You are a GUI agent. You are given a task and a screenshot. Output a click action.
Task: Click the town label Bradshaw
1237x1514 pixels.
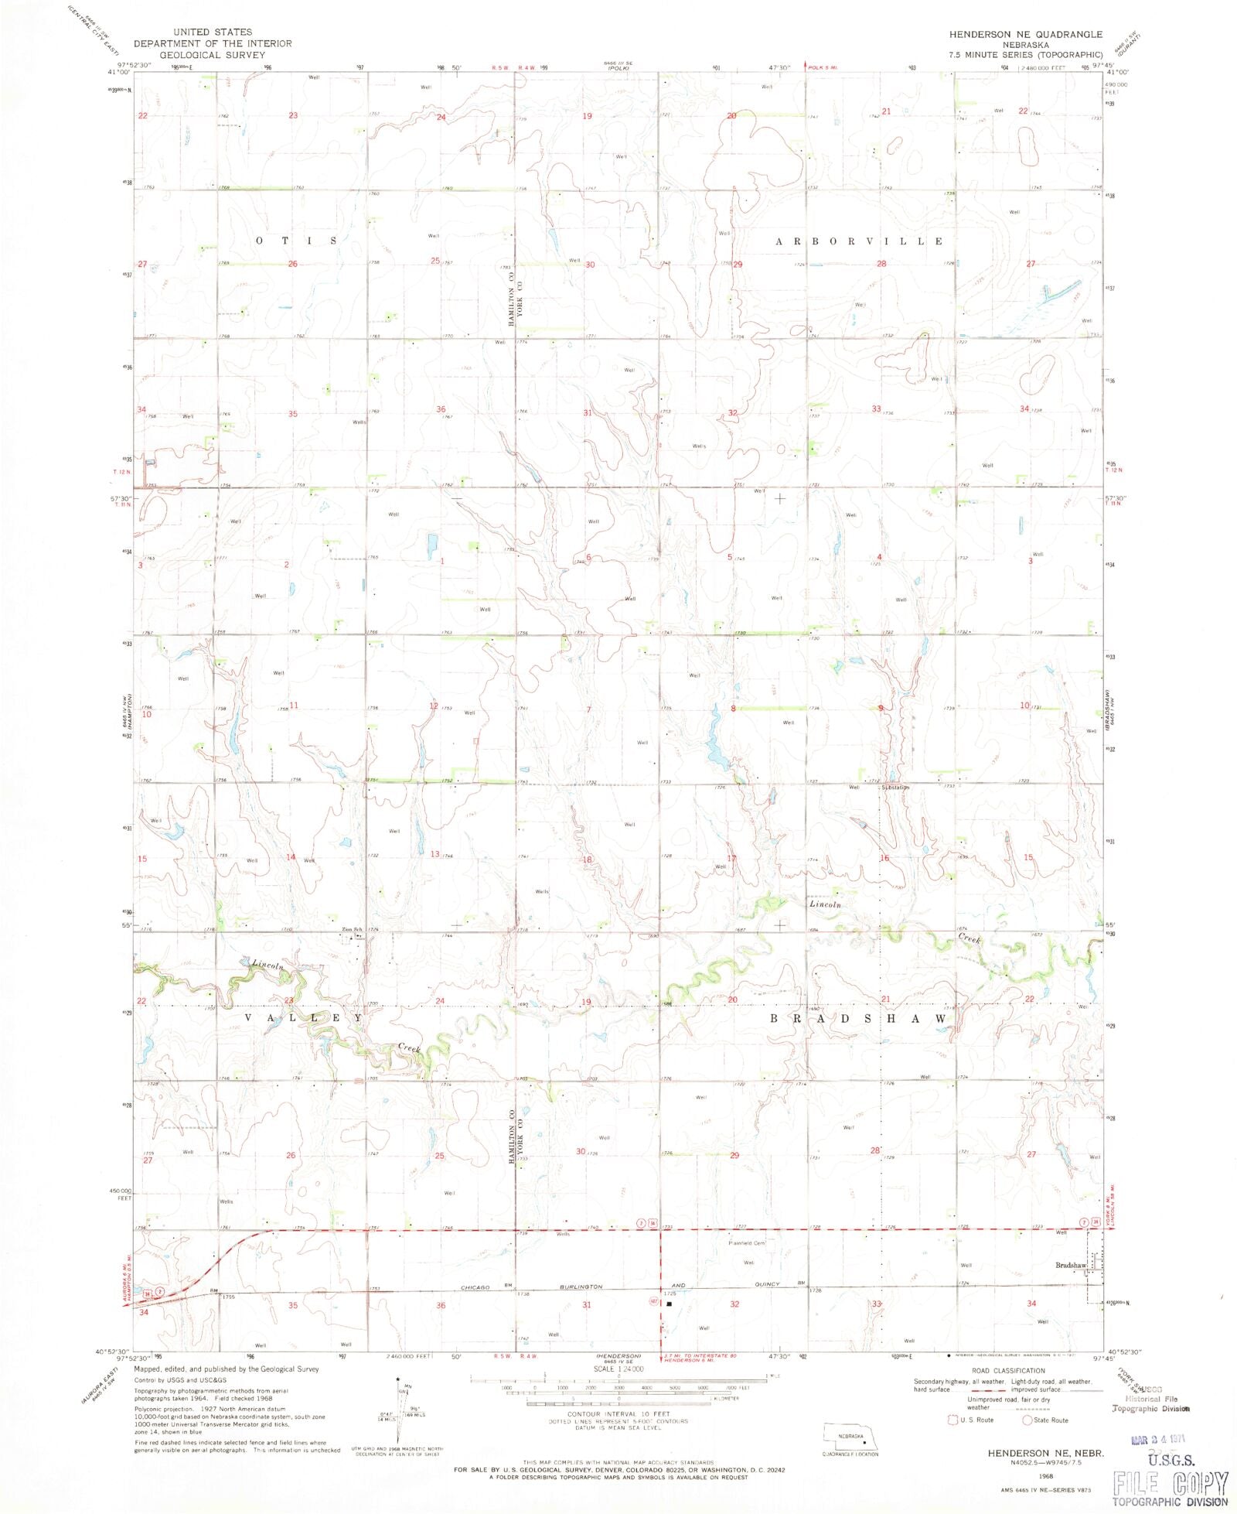pos(1071,1265)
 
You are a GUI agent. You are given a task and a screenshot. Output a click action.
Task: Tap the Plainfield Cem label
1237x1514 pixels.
pos(746,1243)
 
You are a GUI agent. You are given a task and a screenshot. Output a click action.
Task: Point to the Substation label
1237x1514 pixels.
pos(895,787)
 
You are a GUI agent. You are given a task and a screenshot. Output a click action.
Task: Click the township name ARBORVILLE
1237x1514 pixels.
pos(859,241)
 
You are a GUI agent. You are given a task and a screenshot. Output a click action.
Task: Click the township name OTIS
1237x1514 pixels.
pos(296,241)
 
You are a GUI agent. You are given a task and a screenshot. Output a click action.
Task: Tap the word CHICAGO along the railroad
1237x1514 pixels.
pos(475,1287)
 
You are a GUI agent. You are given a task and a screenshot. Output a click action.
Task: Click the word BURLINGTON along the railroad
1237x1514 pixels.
pos(581,1287)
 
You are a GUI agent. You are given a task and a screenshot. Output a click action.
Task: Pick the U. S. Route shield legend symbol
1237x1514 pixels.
pos(952,1420)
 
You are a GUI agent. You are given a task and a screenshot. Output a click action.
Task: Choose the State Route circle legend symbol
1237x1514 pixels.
pos(1027,1420)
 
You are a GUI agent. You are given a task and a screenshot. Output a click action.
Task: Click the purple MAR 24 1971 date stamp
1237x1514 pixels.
pos(1157,1440)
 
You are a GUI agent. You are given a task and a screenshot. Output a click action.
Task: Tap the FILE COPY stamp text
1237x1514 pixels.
pos(1170,1483)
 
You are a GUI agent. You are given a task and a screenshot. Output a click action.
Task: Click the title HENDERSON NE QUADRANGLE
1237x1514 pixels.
pos(1026,35)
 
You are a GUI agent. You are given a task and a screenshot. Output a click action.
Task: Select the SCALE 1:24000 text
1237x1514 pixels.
pos(618,1369)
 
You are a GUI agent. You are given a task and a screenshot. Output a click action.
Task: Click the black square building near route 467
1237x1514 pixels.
pos(670,1303)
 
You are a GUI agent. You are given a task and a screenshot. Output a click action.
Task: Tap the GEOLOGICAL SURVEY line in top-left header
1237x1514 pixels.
pos(213,55)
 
